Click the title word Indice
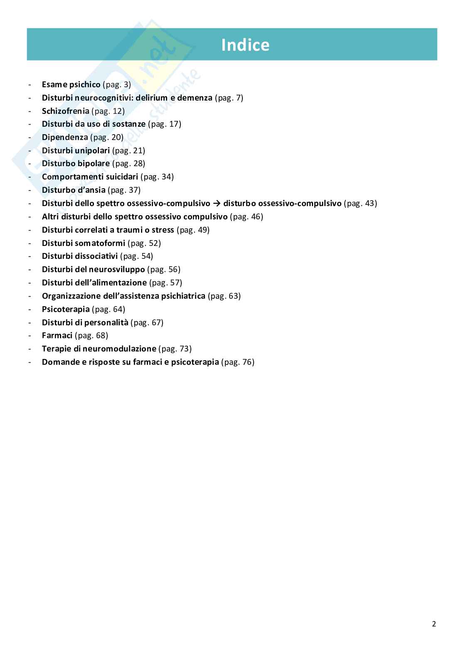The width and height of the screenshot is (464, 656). pos(245,45)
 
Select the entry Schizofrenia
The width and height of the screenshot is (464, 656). pos(65,111)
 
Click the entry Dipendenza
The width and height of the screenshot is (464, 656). pos(65,137)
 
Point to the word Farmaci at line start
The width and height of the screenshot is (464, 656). pos(57,335)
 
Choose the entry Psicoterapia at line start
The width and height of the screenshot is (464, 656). pos(66,309)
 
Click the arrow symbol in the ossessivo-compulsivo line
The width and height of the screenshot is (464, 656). pos(217,203)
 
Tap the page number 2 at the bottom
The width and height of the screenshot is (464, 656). pos(434,624)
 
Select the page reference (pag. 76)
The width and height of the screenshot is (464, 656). pos(238,362)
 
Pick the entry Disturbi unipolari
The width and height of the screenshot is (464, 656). pos(76,150)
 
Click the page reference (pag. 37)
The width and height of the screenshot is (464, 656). pos(124,190)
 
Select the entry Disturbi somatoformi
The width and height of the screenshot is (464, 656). pos(84,243)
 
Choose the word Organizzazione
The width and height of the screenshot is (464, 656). pos(71,296)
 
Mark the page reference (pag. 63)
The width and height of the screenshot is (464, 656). pos(224,296)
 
